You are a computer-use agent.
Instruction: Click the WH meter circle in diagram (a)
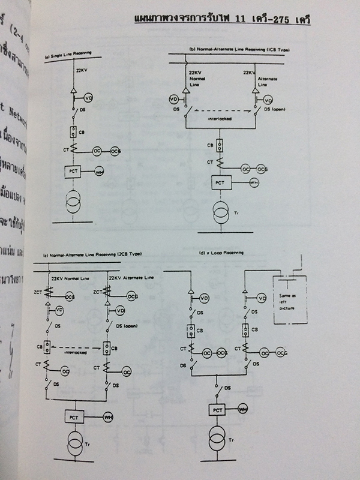click(98, 173)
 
